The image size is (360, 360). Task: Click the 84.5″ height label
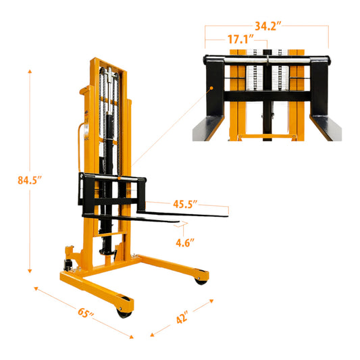tap(30, 180)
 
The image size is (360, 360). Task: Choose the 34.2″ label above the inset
tap(267, 27)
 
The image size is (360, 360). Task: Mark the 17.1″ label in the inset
tap(238, 41)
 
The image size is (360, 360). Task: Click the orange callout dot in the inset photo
tap(210, 88)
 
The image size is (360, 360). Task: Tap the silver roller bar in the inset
tap(267, 59)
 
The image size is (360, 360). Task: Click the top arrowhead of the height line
tap(30, 70)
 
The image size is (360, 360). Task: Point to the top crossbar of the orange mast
tap(108, 61)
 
